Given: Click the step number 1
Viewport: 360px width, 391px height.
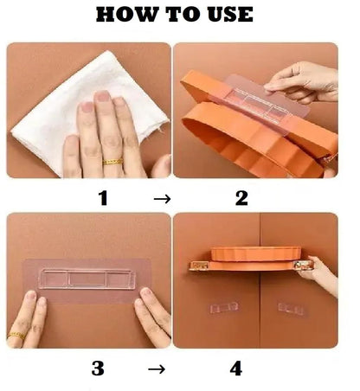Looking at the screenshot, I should coord(103,198).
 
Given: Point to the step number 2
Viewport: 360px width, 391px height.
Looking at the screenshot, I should coord(241,198).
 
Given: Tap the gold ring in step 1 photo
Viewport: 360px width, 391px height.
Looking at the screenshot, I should coord(112,161).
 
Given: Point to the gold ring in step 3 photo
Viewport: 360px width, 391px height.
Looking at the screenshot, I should coord(16,334).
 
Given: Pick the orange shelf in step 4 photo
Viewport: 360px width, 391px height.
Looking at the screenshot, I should coord(251,259).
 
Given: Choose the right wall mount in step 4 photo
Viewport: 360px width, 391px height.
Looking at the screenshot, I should coord(291,307).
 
